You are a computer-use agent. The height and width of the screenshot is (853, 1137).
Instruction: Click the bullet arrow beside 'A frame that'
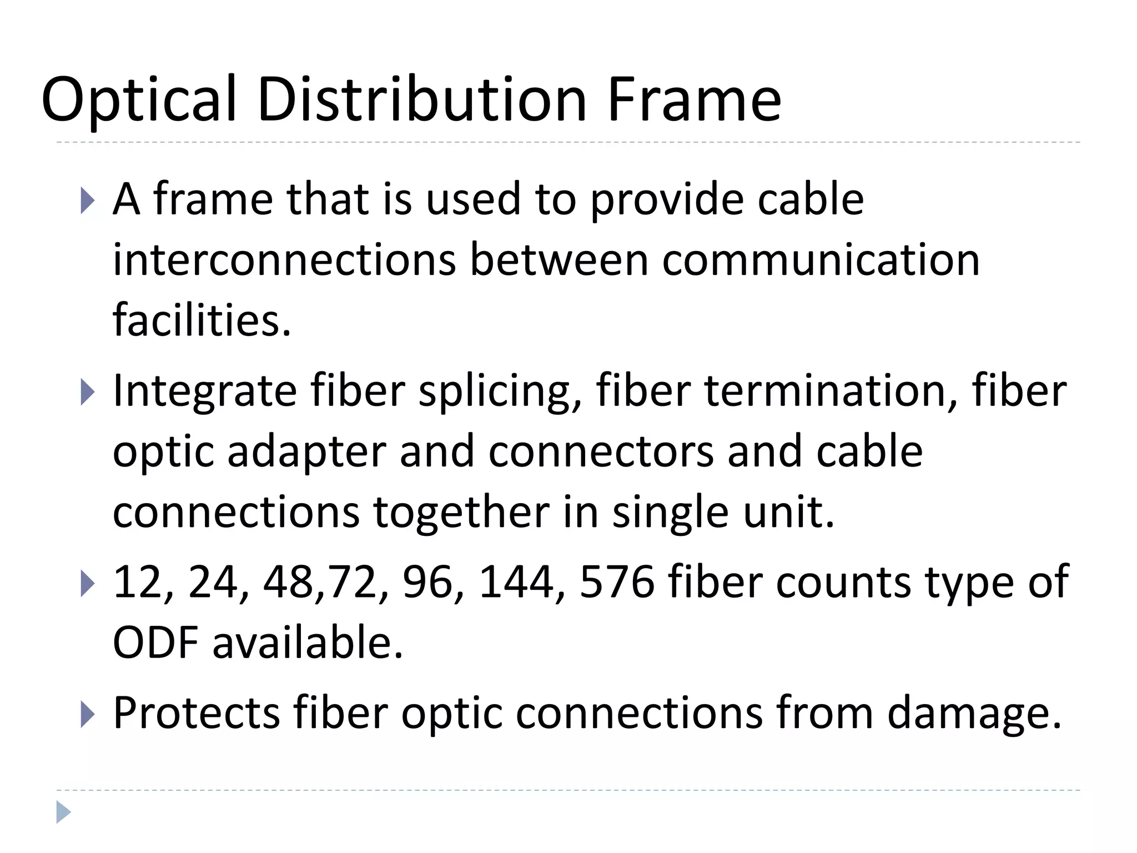88,200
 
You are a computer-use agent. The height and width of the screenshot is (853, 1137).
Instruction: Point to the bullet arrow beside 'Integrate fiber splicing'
88,392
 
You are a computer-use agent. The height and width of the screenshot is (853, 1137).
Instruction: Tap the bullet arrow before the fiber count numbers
88,584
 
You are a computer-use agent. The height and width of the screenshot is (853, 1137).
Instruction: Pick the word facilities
202,321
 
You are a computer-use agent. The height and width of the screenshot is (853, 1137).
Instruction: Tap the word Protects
197,713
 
